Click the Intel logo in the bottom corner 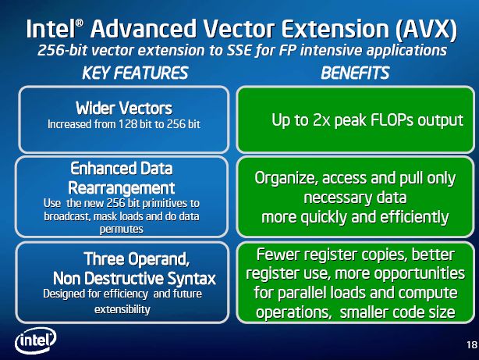coord(35,340)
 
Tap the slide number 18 coord(472,345)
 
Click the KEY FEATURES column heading coord(135,73)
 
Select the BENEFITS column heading coord(355,73)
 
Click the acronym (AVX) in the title coord(427,29)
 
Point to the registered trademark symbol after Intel coord(79,23)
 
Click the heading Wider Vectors coord(124,108)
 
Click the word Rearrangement coord(122,187)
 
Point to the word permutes coord(121,230)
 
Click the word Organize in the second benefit coord(286,178)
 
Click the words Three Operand coord(137,258)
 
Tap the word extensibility coord(122,309)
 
